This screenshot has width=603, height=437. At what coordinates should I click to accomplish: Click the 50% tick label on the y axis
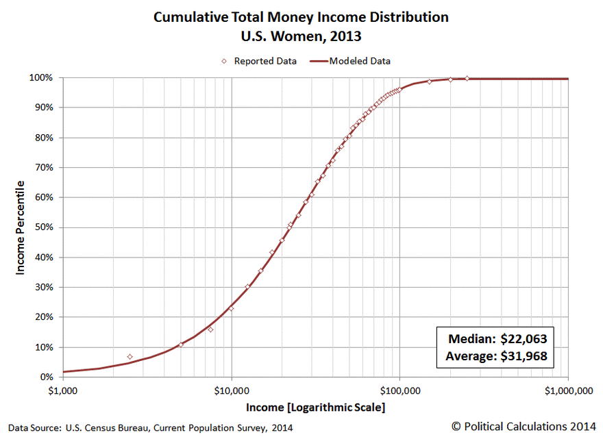(x=43, y=227)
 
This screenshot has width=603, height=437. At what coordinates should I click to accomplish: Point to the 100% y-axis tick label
(x=41, y=77)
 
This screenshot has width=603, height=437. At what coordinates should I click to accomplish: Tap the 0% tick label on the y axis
(x=45, y=377)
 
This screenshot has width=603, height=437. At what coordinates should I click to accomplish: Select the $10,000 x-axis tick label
(x=232, y=390)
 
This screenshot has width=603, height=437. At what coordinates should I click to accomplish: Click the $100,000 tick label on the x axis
(x=399, y=390)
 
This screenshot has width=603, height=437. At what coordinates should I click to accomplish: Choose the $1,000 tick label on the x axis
(x=63, y=390)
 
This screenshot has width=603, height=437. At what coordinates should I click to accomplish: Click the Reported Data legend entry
(x=265, y=61)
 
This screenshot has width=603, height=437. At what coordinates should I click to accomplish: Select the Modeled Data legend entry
(x=360, y=61)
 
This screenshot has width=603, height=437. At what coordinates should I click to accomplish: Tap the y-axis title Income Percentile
(x=21, y=227)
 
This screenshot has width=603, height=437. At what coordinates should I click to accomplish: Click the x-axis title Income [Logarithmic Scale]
(x=315, y=408)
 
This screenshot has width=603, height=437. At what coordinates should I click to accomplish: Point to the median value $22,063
(x=523, y=339)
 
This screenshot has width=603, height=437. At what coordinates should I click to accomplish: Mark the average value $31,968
(x=523, y=355)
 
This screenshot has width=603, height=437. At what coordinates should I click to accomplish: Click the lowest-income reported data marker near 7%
(x=130, y=357)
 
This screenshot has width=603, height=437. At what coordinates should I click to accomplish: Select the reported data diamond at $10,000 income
(x=232, y=309)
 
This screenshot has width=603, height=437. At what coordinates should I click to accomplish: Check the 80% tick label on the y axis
(x=43, y=138)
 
